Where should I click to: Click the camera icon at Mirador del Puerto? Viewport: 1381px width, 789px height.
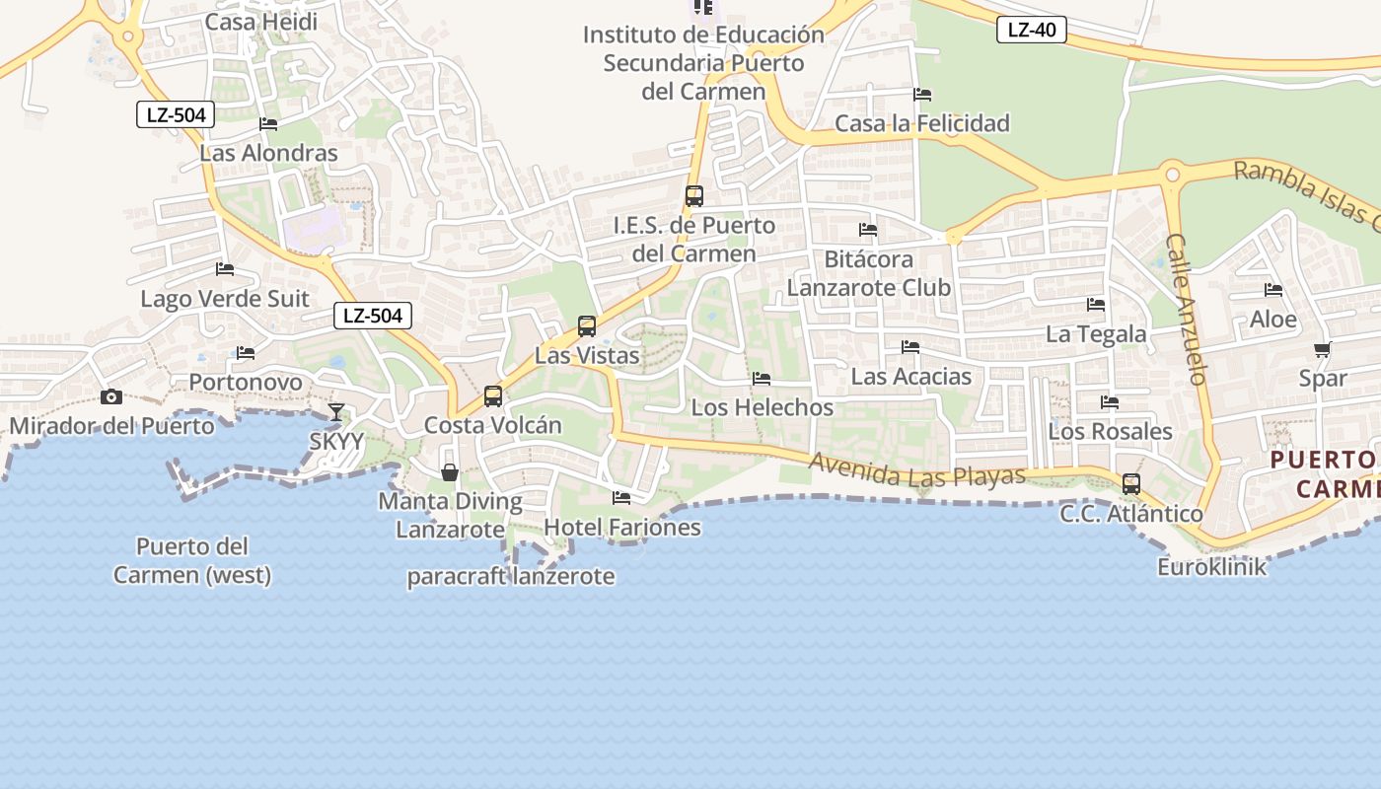[111, 396]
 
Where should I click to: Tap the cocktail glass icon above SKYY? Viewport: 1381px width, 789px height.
[336, 411]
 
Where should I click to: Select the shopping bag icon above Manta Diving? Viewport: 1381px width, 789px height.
[450, 472]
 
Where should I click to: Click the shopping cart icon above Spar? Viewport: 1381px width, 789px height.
[1323, 349]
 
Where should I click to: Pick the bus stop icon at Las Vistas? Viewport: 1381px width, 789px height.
[587, 325]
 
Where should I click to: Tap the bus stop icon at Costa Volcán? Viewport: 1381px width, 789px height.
[493, 396]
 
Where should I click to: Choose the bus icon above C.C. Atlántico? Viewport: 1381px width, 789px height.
[1131, 484]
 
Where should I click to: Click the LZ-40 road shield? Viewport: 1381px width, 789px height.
[1032, 30]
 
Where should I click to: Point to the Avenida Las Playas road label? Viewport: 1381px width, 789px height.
[917, 470]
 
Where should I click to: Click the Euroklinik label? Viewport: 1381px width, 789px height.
[1211, 567]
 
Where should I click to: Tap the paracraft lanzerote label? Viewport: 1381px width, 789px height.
[511, 577]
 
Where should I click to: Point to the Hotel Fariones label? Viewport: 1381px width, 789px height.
[622, 528]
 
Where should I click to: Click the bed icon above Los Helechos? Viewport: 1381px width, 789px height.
[762, 379]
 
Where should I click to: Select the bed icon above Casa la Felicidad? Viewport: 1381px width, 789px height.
[922, 95]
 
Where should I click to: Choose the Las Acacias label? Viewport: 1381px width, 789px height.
[911, 377]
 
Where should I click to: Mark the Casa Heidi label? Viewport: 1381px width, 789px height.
[261, 22]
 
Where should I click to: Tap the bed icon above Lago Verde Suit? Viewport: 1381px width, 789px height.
[225, 269]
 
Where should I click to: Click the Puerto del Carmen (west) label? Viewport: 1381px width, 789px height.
[192, 560]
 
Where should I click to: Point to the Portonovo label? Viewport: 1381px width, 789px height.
[246, 382]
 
